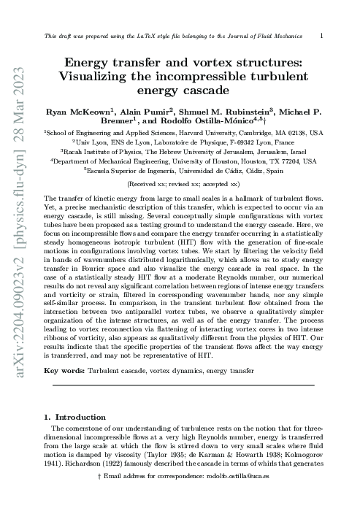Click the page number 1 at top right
(x=323, y=34)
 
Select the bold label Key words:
(x=64, y=370)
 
